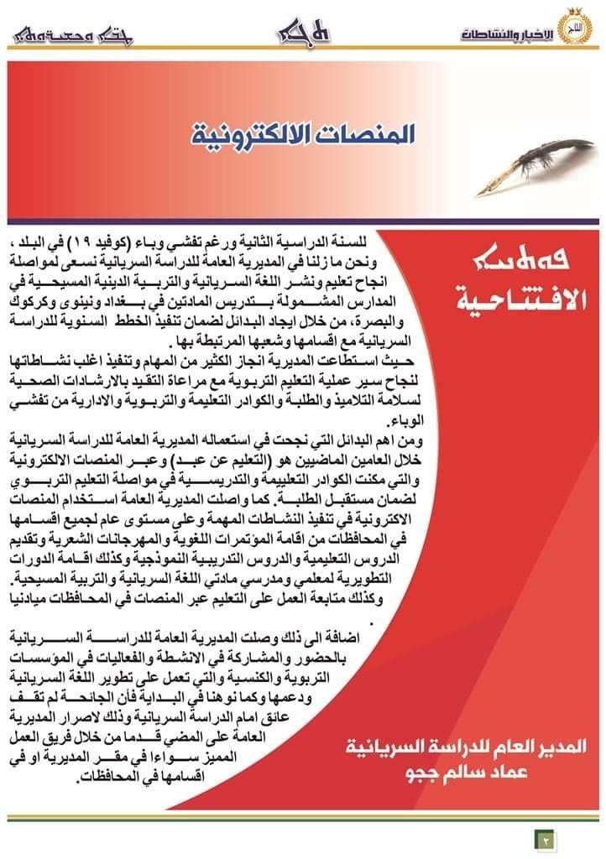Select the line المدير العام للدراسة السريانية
tap(467, 746)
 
